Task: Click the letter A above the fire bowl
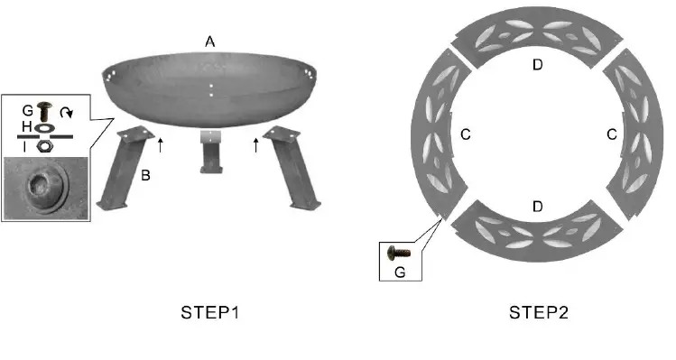click(210, 42)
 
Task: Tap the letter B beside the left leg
click(145, 175)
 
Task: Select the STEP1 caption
click(210, 312)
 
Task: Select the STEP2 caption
click(539, 312)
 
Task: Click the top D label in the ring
click(537, 65)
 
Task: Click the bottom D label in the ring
click(537, 207)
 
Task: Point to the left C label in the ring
click(466, 134)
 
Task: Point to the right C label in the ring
click(612, 134)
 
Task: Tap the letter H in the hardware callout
click(27, 126)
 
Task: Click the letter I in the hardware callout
click(24, 147)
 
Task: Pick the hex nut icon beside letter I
click(42, 146)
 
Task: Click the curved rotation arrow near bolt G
click(67, 113)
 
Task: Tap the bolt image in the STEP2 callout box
click(398, 253)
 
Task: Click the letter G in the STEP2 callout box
click(400, 272)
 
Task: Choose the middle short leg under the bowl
click(211, 152)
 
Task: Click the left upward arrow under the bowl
click(161, 145)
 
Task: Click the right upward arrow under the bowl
click(256, 145)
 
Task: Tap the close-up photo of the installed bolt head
click(46, 188)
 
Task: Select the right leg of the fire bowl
click(292, 167)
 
